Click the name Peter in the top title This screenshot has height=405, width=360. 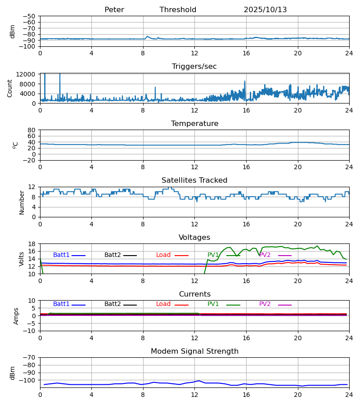pyautogui.click(x=114, y=10)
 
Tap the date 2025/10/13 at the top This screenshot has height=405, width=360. pyautogui.click(x=265, y=10)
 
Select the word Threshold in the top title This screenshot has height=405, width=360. pyautogui.click(x=178, y=10)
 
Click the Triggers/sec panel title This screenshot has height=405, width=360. pyautogui.click(x=194, y=67)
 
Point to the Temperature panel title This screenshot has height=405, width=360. pyautogui.click(x=194, y=124)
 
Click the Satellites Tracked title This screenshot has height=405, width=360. pyautogui.click(x=194, y=180)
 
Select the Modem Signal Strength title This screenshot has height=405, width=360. pyautogui.click(x=194, y=351)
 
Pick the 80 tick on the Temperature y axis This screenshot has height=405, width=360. pyautogui.click(x=31, y=130)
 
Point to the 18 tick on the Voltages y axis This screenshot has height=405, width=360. pyautogui.click(x=31, y=244)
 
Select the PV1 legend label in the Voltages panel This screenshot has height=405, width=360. pyautogui.click(x=214, y=255)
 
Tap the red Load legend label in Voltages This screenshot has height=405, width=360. pyautogui.click(x=163, y=255)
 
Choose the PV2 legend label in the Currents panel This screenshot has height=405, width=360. pyautogui.click(x=265, y=304)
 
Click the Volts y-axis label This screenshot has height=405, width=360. pyautogui.click(x=22, y=259)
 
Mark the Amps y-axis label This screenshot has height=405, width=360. pyautogui.click(x=17, y=316)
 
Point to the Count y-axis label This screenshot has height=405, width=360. pyautogui.click(x=10, y=88)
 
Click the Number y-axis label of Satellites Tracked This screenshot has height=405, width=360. pyautogui.click(x=22, y=202)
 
